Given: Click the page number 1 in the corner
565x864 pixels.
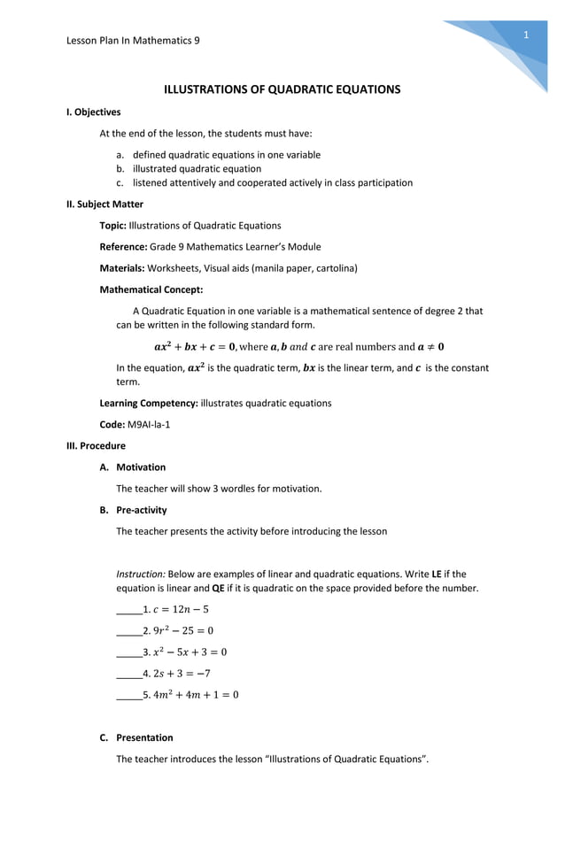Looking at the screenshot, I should point(525,35).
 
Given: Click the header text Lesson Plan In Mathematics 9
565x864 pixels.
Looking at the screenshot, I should point(133,40).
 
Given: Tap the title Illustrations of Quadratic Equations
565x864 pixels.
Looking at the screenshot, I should point(282,89).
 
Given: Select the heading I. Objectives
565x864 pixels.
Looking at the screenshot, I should point(94,112).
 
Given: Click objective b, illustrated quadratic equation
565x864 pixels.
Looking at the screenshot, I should point(197,168).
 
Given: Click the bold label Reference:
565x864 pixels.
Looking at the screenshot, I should point(123,247).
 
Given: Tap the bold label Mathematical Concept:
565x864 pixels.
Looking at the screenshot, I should point(151,289).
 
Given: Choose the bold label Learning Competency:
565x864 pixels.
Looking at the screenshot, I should point(148,403).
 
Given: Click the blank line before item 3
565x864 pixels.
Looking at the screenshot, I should point(129,652).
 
